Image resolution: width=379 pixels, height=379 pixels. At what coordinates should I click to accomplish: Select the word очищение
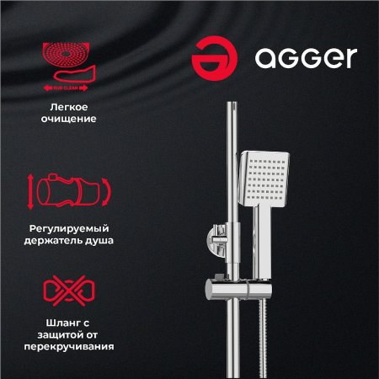point(72,120)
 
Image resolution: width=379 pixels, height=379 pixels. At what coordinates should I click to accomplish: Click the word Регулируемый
point(72,228)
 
